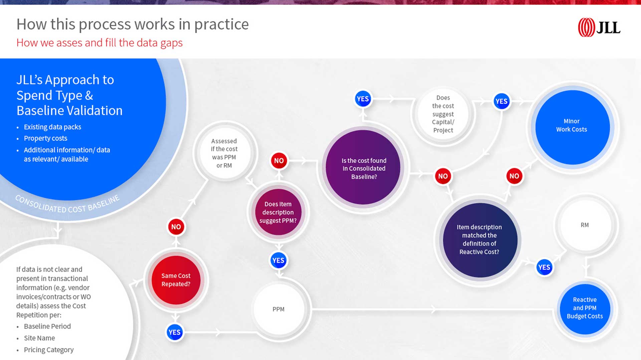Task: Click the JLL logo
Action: [599, 27]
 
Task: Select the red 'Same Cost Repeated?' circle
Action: [176, 280]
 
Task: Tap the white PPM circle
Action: [278, 309]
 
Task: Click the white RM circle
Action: [585, 225]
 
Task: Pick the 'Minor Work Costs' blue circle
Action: [572, 127]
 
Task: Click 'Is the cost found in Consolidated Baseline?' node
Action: [363, 167]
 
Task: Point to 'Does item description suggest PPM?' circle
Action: [278, 212]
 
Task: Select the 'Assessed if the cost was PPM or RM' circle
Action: [224, 153]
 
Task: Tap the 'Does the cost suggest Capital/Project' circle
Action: [443, 114]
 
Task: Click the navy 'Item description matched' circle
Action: [480, 240]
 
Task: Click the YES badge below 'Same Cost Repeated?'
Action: [175, 332]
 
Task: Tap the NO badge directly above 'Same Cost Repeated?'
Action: [176, 227]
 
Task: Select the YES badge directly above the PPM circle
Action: [278, 260]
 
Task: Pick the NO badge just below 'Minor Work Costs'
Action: [514, 176]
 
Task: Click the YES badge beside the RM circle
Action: [544, 267]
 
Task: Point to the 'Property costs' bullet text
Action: [45, 138]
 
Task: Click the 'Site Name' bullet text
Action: [39, 338]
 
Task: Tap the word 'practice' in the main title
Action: [221, 24]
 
